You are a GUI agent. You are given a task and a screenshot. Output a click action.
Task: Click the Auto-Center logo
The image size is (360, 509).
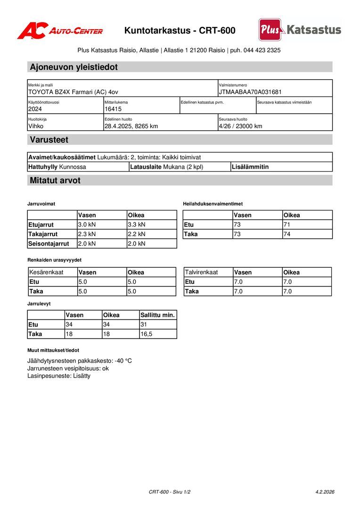point(60,31)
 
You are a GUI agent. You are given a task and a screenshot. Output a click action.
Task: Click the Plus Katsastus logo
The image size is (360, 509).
point(300,30)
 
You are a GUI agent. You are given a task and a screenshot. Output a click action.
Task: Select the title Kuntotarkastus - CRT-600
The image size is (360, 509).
point(180,31)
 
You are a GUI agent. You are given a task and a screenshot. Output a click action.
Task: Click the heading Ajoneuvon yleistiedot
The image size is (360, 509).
point(74,67)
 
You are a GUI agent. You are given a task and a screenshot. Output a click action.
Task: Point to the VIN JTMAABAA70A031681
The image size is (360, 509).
point(250,92)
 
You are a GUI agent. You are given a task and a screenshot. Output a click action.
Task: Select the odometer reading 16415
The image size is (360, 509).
point(113,109)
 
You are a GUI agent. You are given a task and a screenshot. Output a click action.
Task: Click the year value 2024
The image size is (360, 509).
point(35,109)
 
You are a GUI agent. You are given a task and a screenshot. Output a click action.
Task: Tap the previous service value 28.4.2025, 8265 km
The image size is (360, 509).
point(131,126)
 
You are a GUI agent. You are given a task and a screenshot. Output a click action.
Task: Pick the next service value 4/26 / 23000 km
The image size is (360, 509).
point(240,126)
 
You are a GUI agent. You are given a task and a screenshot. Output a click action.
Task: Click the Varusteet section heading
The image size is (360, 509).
point(49,140)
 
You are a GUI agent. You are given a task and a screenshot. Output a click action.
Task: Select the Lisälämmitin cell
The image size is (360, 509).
point(250,167)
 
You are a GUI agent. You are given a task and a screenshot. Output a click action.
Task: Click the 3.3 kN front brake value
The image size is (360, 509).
point(137,225)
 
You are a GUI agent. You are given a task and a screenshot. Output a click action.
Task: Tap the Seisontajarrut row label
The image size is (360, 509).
point(49,244)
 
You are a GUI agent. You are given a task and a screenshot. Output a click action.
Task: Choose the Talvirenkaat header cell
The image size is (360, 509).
point(201,272)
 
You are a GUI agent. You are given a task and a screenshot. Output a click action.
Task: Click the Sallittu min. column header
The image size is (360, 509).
point(157,315)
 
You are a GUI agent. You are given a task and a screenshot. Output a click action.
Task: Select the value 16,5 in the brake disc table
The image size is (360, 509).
point(147,334)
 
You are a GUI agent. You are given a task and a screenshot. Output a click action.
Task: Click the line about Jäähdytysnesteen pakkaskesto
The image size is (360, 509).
point(80,361)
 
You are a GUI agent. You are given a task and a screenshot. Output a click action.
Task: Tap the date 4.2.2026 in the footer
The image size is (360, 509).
point(325,492)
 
